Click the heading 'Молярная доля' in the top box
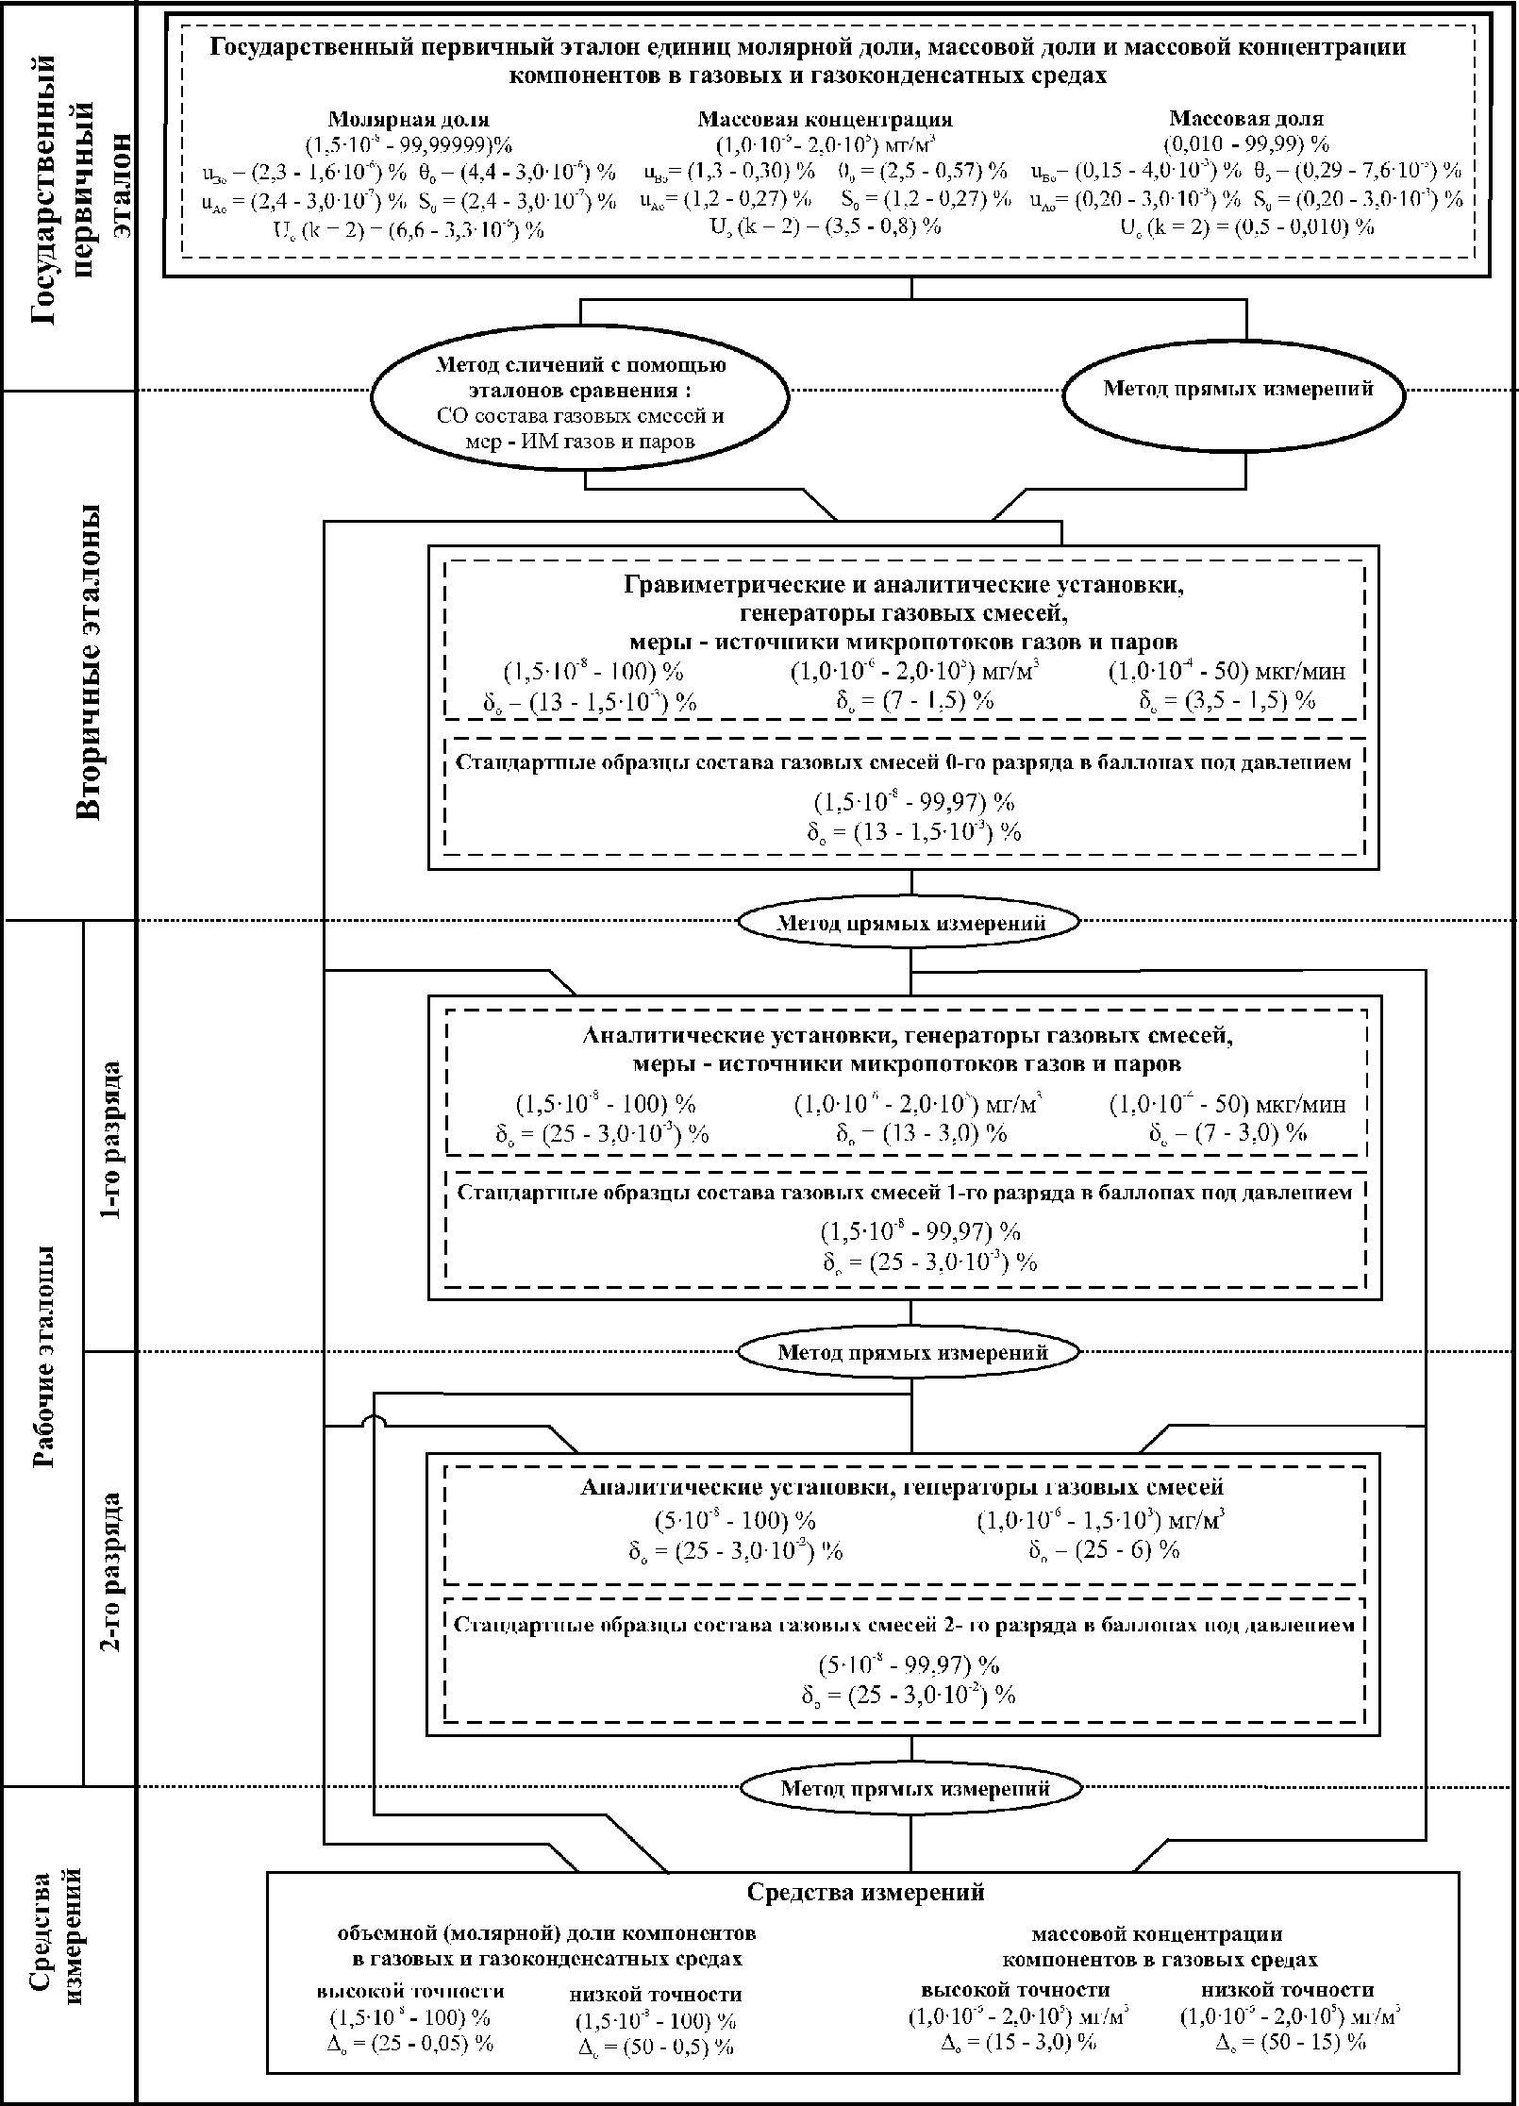coord(409,120)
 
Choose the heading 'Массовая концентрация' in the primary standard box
coord(825,120)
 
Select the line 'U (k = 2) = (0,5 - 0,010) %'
coord(1246,226)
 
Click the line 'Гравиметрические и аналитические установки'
coord(904,585)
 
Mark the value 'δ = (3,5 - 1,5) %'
coord(1227,700)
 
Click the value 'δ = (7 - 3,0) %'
coord(1227,1133)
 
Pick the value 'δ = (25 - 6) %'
coord(1103,1550)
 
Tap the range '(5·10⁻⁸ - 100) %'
coord(735,1521)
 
